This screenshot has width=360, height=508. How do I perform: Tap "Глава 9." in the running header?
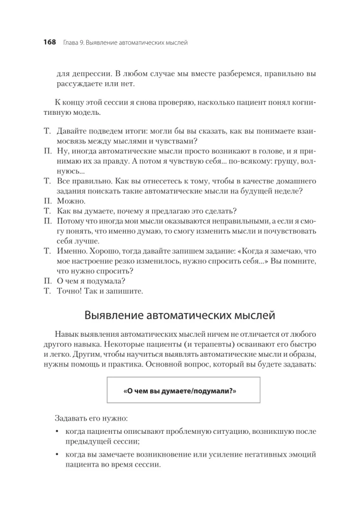coord(73,43)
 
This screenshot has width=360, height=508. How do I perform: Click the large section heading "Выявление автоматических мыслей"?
coord(180,315)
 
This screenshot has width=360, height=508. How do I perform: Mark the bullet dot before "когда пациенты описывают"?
coord(57,432)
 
